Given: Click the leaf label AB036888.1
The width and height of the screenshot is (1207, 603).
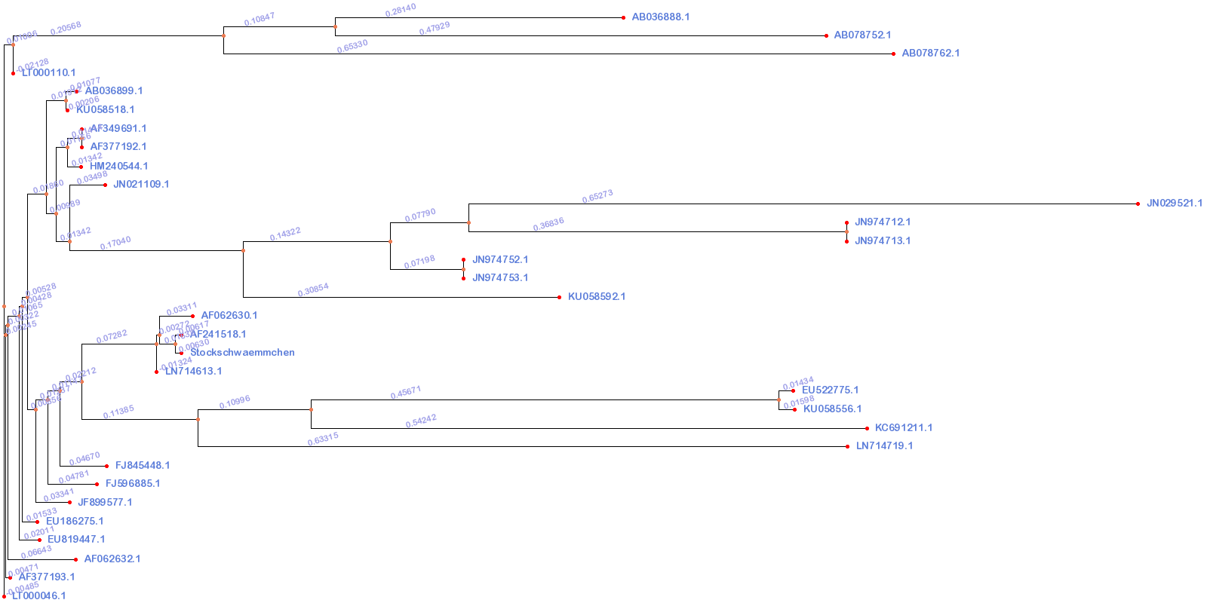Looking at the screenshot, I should pos(660,17).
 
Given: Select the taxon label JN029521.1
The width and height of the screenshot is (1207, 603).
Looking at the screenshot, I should pos(1174,204).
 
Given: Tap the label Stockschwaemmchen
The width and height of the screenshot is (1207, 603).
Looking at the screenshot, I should pos(242,353).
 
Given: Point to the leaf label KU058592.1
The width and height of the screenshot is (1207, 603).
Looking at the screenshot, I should pos(596,297).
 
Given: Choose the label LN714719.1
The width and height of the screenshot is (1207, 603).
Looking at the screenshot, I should pos(884,446).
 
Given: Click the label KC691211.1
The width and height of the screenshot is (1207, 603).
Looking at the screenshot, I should pos(903,428).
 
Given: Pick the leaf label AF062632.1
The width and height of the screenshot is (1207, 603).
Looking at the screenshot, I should pos(112,559).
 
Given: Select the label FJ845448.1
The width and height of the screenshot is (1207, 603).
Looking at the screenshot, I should pos(142,466).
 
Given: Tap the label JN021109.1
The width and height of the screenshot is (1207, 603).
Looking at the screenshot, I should pos(141,185).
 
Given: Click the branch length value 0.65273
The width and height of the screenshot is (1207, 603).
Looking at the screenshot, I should pos(597,197).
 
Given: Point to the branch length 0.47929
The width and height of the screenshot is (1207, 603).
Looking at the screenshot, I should pos(435,29).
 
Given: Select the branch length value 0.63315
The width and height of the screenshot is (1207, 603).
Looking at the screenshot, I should pos(323,439).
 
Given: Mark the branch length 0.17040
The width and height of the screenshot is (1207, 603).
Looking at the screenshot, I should pos(115,243).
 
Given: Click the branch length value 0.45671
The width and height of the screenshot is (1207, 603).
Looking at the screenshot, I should pos(406,393).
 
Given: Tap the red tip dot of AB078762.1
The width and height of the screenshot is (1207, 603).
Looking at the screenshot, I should pos(894,54).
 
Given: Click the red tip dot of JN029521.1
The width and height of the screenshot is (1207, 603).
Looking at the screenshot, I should pos(1138,204).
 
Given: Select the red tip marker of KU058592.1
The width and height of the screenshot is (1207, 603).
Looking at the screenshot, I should pos(559,297).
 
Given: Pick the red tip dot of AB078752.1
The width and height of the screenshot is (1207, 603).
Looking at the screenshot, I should pos(827,35).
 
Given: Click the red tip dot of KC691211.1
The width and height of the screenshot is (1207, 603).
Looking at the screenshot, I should pos(867,428).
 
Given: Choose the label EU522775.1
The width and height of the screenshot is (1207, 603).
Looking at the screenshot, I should pos(830,390).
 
